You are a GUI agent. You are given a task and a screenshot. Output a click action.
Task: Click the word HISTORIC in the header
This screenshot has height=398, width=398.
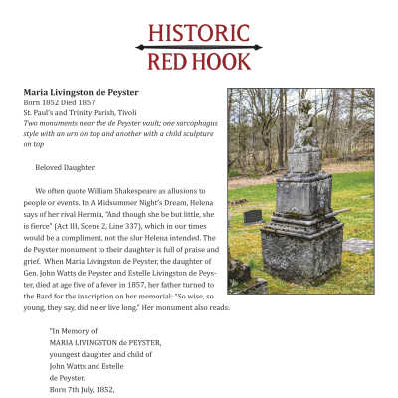pos(198,32)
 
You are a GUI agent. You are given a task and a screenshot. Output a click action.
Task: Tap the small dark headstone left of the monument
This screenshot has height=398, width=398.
pos(252,216)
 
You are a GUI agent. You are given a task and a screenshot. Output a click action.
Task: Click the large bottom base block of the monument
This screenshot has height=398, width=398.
pos(302,250)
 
